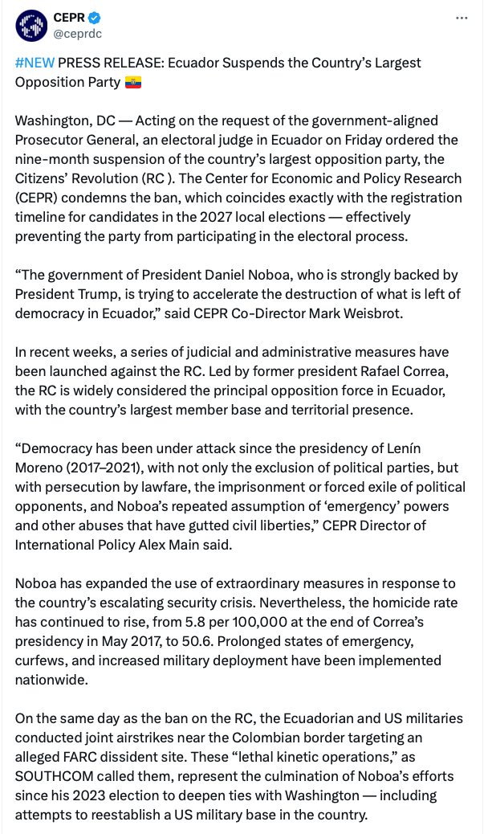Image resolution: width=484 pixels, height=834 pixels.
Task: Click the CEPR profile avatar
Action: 31,26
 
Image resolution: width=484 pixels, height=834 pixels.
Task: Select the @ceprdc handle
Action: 77,34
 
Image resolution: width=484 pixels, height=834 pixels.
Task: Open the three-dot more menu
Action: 461,17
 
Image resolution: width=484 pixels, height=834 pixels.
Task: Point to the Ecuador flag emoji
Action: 133,82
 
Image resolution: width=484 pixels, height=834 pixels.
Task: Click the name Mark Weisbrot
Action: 383,313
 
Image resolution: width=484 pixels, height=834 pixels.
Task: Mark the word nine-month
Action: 54,159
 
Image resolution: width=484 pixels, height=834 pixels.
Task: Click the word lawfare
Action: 159,487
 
